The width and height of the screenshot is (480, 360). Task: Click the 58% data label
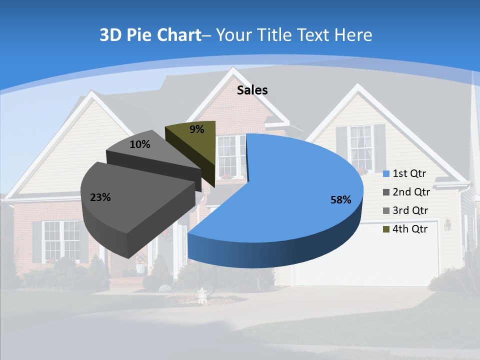(340, 200)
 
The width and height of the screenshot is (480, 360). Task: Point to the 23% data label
(100, 197)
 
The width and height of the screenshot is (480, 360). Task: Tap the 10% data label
(139, 144)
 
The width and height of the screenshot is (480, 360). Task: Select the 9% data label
(197, 129)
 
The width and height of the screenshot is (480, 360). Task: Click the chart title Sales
(252, 90)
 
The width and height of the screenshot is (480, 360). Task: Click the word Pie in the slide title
(139, 35)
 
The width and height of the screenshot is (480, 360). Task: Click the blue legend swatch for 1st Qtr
(386, 174)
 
